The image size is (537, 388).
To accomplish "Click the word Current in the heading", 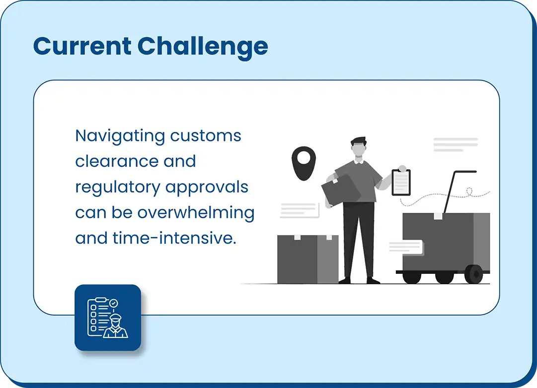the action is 82,46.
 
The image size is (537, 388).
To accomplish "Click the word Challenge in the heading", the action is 203,48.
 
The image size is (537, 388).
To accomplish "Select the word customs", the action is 206,136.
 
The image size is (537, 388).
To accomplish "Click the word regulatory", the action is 118,188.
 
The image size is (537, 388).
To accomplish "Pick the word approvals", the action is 207,188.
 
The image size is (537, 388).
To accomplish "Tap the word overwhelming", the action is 196,213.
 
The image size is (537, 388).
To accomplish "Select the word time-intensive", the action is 174,238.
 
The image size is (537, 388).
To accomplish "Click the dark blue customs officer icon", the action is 108,318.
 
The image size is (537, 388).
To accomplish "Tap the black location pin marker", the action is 304,163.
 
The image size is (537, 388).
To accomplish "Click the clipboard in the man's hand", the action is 401,183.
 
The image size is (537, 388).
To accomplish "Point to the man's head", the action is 359,147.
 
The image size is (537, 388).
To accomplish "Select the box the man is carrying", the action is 341,190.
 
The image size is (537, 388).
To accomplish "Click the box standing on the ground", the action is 308,259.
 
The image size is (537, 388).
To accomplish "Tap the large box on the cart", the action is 446,242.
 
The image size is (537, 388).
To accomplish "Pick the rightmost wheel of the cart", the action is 473,274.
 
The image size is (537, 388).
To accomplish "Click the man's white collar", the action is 359,161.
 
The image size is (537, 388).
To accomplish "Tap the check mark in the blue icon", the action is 113,303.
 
